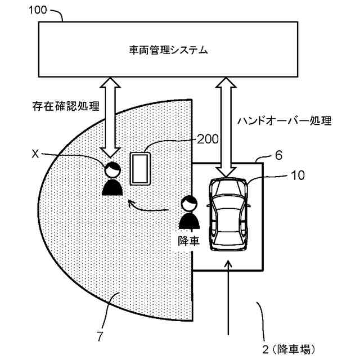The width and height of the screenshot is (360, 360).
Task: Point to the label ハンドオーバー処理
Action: [x=284, y=120]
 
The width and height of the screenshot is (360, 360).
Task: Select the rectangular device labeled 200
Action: [x=139, y=168]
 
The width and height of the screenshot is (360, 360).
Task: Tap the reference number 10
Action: [x=298, y=175]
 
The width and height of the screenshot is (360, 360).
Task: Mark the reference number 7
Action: [x=100, y=337]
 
